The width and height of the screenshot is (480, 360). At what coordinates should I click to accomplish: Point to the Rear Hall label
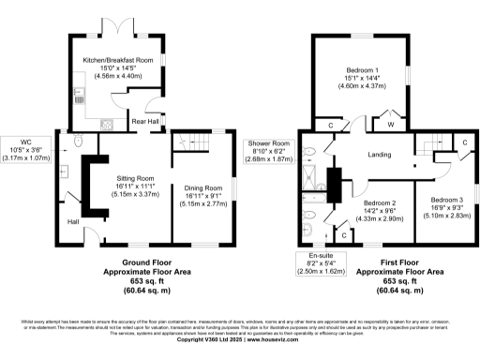tap(144, 121)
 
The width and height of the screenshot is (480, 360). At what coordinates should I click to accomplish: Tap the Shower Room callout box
tap(270, 151)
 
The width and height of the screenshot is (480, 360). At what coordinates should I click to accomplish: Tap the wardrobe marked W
tap(388, 123)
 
